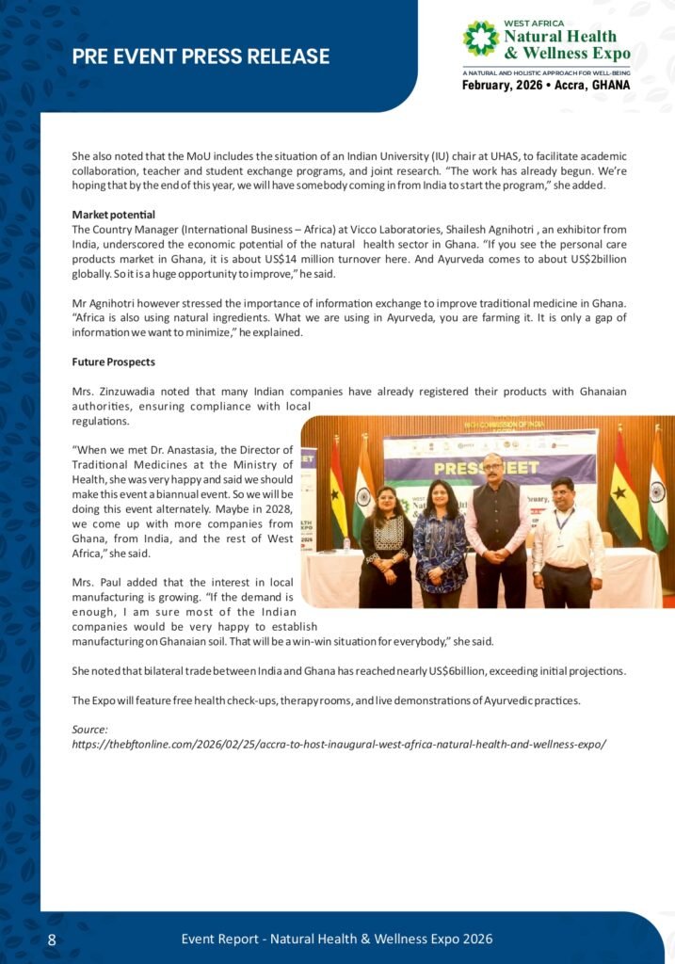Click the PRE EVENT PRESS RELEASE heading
coord(201,56)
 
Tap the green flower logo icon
coord(481,40)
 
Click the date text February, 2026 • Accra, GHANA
coord(546,85)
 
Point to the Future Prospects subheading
coord(114,361)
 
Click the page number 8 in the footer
coord(52,940)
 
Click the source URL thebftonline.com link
coord(339,744)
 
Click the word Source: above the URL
coord(90,730)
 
